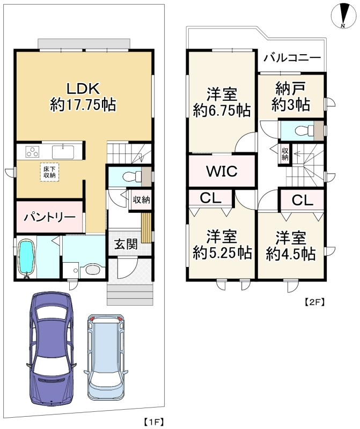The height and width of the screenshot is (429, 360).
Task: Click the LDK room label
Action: point(83,89)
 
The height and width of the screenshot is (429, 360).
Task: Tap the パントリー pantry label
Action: point(49,217)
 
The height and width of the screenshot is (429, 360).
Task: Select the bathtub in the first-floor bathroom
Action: point(26,258)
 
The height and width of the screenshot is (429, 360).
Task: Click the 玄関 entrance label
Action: point(126,244)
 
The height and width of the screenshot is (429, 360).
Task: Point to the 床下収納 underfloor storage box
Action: point(49,172)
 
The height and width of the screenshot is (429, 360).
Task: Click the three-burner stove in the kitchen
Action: point(32,152)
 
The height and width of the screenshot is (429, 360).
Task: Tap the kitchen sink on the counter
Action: point(63,152)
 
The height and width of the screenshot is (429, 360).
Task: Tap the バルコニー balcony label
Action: point(292,58)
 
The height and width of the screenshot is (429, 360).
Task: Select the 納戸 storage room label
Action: point(291,89)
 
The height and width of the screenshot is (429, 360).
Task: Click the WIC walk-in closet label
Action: point(222,171)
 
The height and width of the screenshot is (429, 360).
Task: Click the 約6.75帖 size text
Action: point(222,110)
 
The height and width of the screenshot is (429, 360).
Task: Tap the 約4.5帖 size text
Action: point(291,254)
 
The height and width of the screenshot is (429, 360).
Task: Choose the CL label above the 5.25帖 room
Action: point(210,198)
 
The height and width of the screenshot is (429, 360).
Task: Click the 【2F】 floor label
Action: point(315,302)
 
